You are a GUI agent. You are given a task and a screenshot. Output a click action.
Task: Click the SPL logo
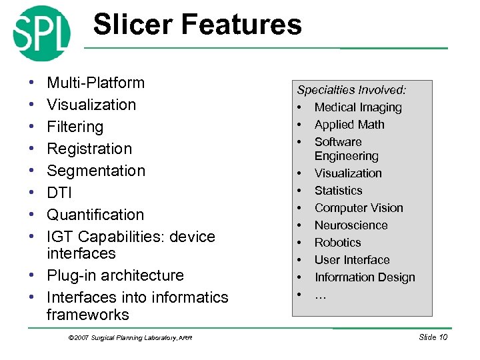(41, 33)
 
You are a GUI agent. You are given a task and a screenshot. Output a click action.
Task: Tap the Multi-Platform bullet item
(95, 83)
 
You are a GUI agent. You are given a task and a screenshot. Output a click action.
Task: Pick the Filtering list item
(75, 127)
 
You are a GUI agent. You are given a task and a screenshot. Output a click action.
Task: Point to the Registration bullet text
(89, 149)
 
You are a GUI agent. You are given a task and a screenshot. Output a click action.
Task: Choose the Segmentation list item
(95, 171)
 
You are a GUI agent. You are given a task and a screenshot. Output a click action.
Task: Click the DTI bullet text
(59, 193)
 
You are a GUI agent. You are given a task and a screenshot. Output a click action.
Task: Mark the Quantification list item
(95, 215)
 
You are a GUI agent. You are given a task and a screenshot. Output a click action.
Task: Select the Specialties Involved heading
(351, 90)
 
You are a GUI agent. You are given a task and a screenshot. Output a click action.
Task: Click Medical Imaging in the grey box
(358, 107)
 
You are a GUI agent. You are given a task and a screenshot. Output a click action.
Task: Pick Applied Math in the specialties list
(349, 125)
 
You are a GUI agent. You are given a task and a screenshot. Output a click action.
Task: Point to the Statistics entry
(338, 191)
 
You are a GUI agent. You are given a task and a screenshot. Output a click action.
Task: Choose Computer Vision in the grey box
(359, 208)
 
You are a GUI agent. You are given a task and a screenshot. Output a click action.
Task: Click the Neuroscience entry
(351, 225)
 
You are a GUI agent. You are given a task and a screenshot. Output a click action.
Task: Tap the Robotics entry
(337, 243)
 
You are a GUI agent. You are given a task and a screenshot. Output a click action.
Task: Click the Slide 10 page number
(433, 337)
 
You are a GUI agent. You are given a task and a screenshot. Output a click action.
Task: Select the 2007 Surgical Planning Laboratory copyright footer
(131, 338)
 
